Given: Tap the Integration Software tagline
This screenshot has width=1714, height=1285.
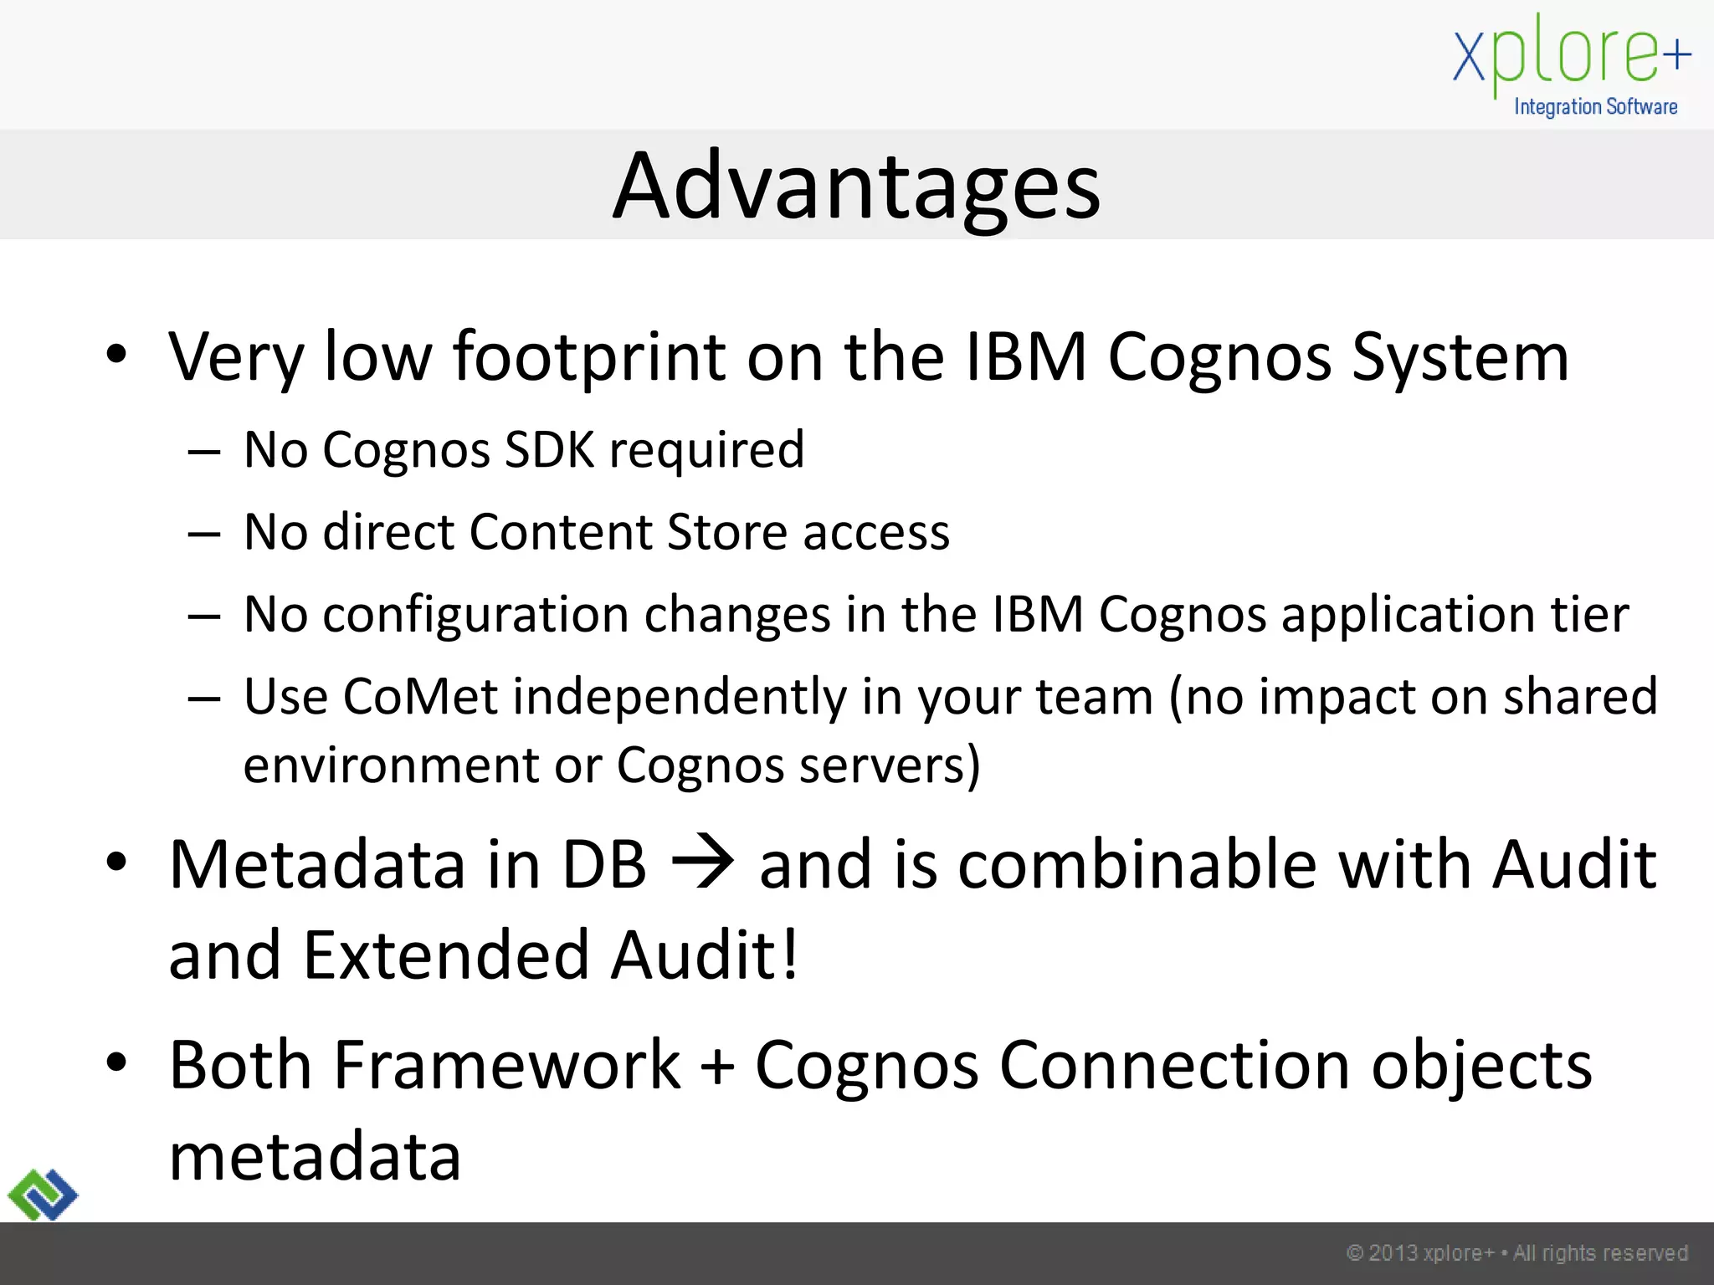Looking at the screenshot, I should (1595, 107).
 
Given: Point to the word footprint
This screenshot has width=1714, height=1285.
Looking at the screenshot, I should (589, 358).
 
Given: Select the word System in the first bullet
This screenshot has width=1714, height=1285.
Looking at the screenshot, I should (1460, 358).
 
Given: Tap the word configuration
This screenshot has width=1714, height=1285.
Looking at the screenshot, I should (476, 616).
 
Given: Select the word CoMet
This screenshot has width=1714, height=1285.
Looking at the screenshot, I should (420, 696).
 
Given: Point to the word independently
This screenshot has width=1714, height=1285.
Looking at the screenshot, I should (680, 698).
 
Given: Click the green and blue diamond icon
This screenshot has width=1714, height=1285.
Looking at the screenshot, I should (43, 1194).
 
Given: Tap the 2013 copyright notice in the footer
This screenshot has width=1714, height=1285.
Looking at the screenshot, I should (1516, 1253).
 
